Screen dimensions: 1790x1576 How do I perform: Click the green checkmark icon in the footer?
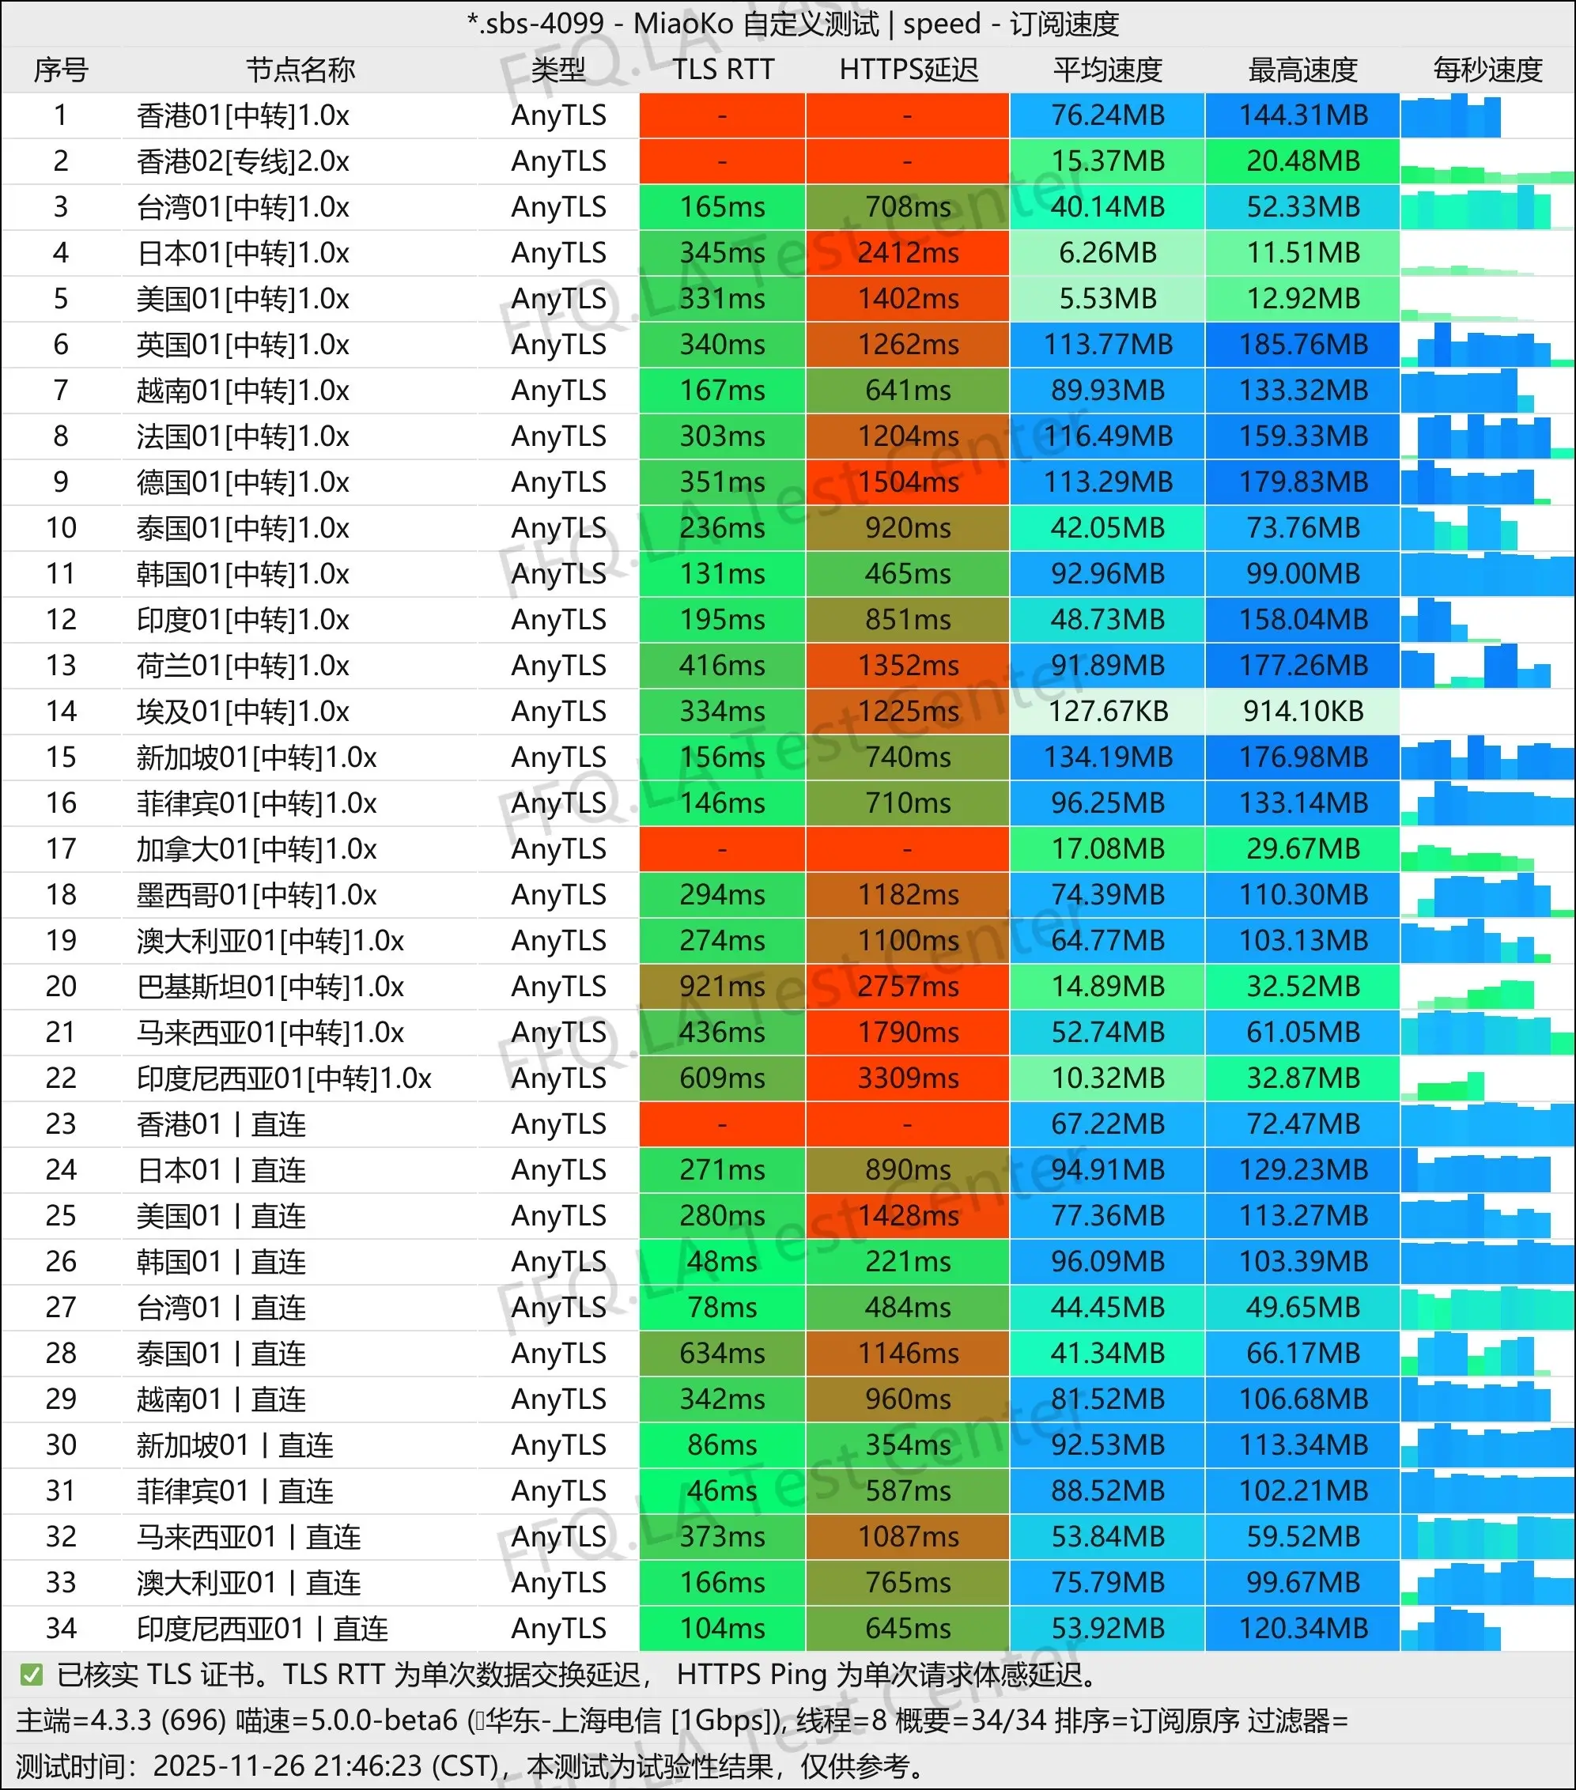click(32, 1675)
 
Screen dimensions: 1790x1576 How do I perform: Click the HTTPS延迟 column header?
click(908, 70)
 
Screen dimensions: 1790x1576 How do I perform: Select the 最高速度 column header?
click(1302, 70)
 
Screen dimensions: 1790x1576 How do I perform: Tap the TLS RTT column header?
click(723, 70)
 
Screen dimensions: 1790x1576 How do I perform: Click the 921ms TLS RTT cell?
click(722, 986)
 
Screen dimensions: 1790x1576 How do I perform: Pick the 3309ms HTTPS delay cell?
click(908, 1078)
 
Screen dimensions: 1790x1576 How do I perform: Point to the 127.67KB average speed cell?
click(1108, 711)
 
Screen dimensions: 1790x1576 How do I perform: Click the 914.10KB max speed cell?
click(1302, 711)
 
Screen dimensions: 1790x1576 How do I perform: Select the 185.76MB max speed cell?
click(1302, 344)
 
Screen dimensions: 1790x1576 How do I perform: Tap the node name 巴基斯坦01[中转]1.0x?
click(270, 986)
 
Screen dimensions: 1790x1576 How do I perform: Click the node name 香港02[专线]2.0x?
click(243, 161)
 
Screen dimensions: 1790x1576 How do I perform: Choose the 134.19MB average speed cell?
click(1108, 757)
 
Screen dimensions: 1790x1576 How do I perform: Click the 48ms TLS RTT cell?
click(722, 1261)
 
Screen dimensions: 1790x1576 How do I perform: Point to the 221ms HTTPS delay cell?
click(908, 1261)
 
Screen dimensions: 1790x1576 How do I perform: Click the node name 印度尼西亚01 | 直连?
click(262, 1628)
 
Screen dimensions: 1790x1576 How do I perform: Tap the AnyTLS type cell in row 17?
click(558, 848)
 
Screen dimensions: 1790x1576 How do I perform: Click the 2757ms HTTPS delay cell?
click(908, 986)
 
